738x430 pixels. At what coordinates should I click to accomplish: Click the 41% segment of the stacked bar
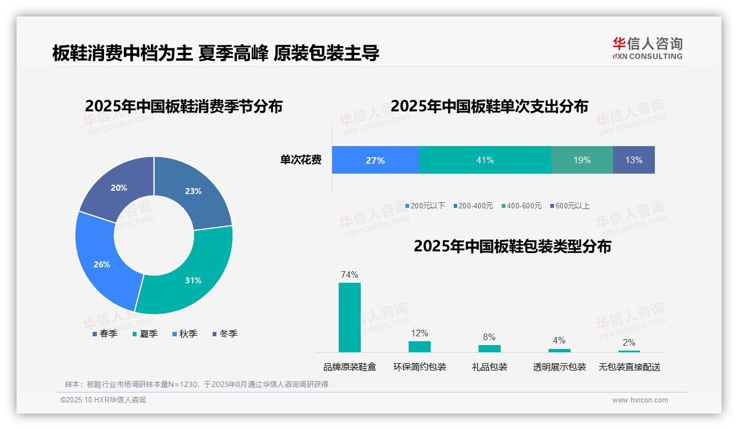[485, 160]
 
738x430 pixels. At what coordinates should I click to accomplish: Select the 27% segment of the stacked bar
[375, 160]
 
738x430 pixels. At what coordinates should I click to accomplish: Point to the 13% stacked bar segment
[633, 160]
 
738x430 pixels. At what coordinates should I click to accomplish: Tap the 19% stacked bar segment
[582, 160]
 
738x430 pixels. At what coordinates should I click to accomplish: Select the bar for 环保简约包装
[419, 346]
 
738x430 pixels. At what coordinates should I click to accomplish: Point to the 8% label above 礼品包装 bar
[489, 337]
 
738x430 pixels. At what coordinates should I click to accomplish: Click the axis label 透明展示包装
[559, 367]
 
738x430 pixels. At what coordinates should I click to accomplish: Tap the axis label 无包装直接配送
[629, 367]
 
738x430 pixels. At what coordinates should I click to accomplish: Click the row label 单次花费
[301, 160]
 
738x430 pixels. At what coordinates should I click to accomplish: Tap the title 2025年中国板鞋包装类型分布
[512, 246]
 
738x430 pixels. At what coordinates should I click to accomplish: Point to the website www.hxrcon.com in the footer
[639, 400]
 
